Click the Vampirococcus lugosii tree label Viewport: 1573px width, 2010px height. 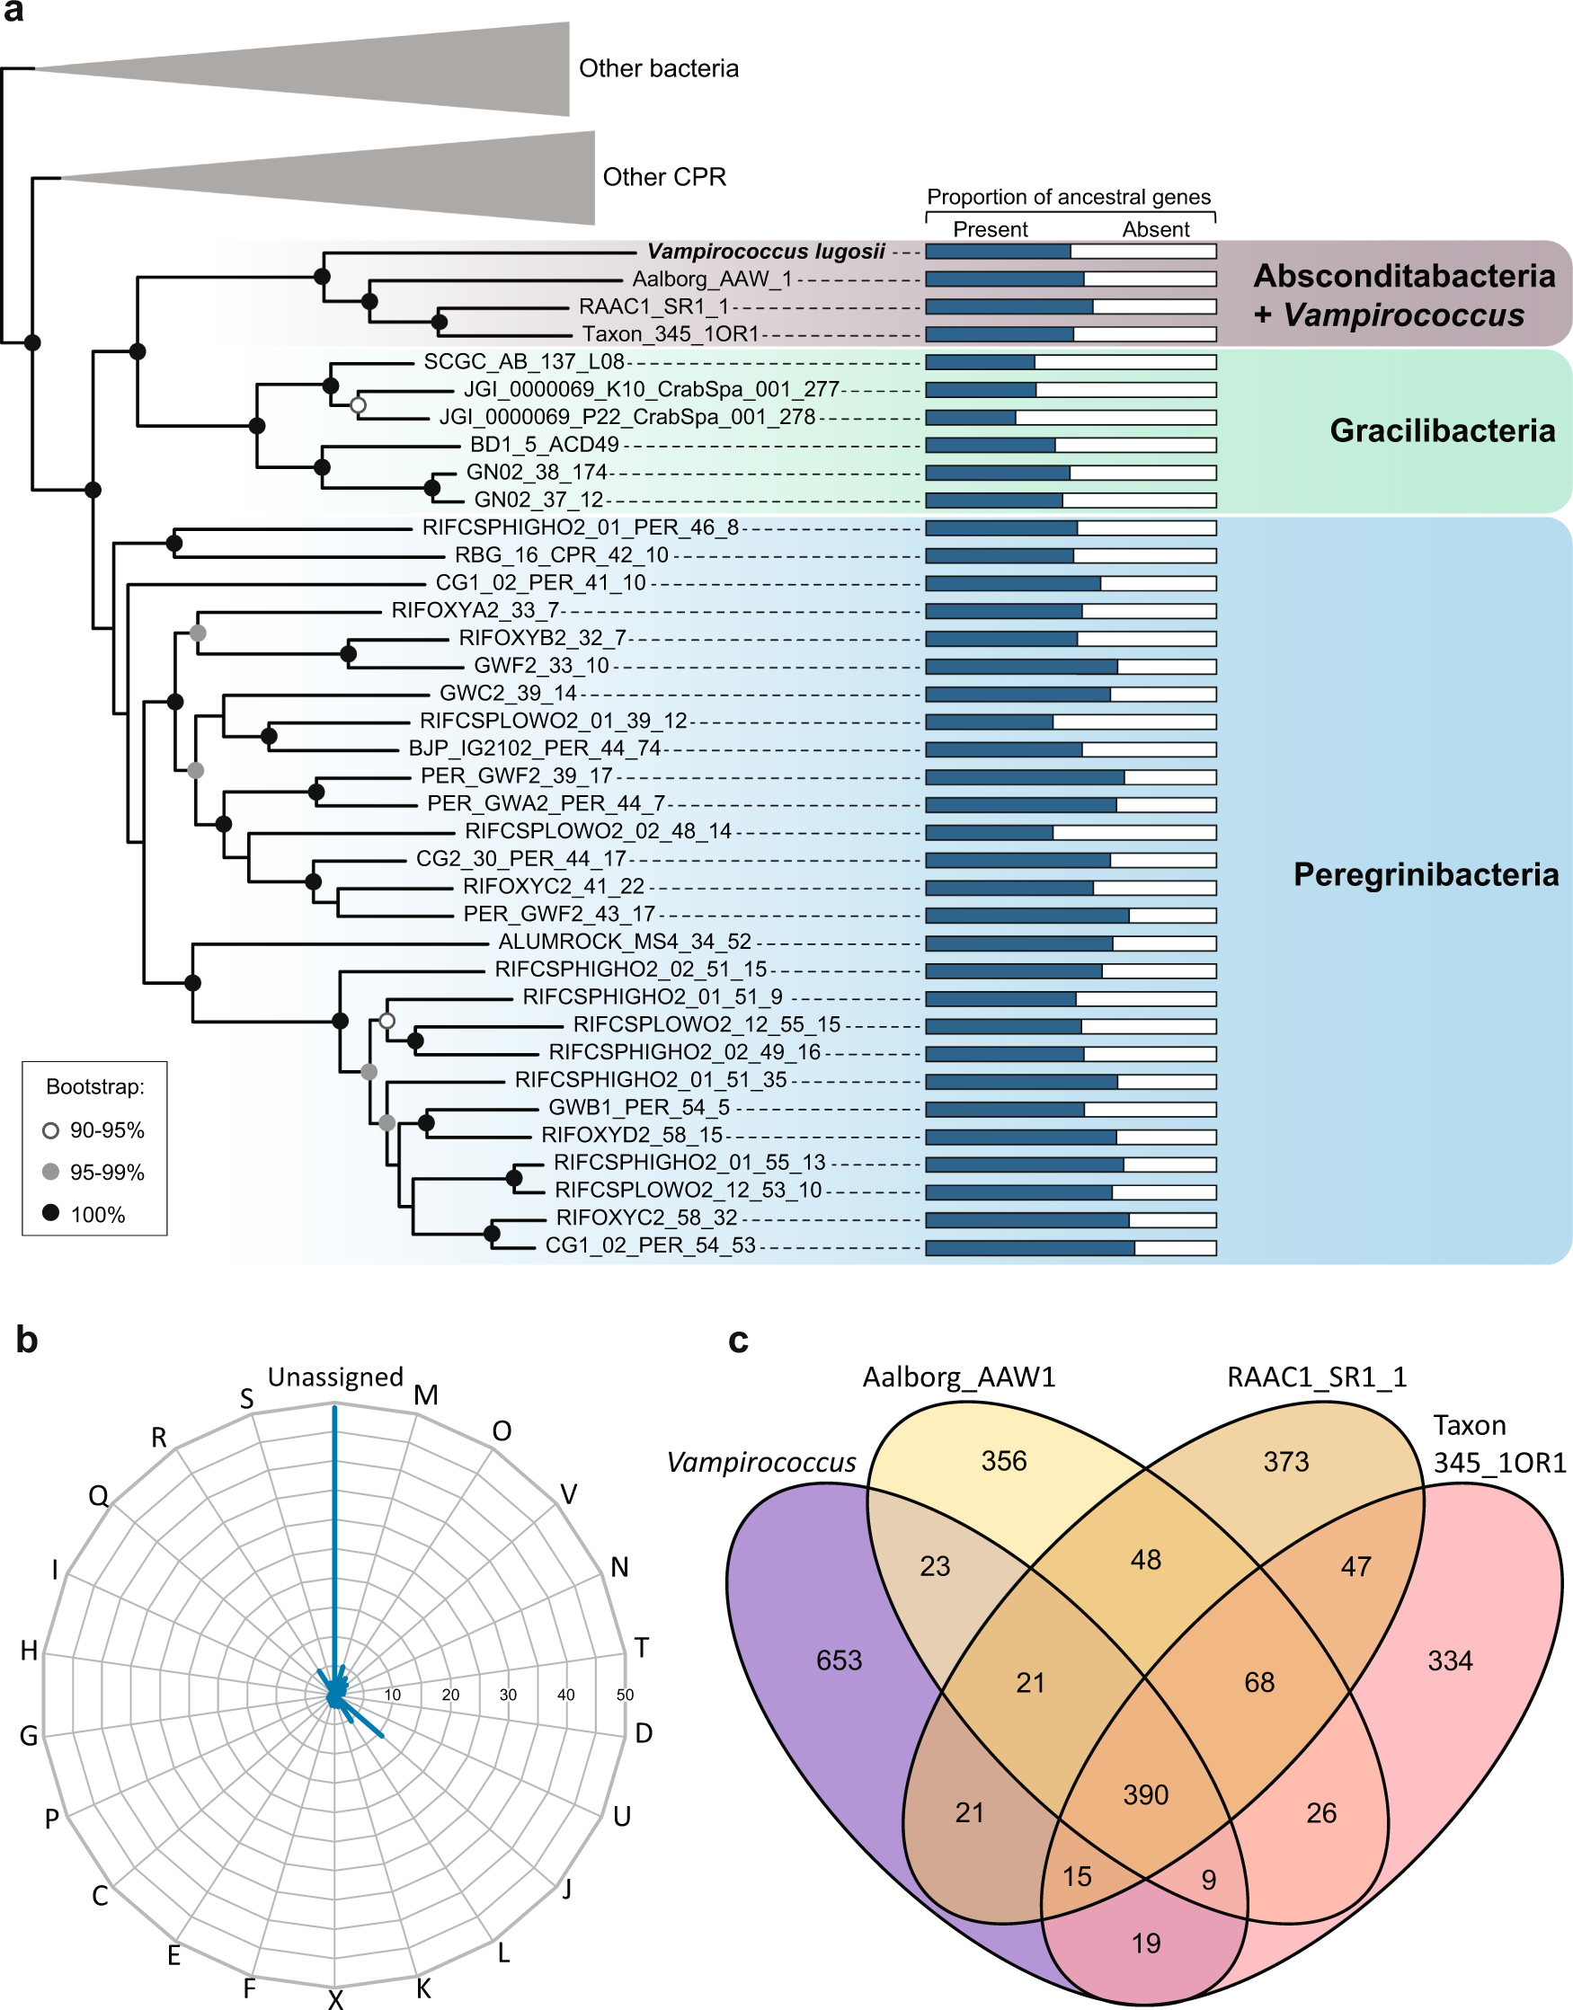tap(765, 252)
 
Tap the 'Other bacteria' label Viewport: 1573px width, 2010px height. tap(659, 69)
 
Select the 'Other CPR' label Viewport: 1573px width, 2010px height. tap(664, 177)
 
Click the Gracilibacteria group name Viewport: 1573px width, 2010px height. tap(1443, 430)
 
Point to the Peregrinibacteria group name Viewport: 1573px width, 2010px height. tap(1426, 873)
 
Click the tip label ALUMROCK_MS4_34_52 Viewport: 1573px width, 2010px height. tap(625, 942)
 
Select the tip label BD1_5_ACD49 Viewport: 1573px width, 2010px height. tap(545, 445)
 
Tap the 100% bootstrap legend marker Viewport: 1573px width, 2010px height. tap(50, 1213)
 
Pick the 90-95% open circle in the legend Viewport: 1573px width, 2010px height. tap(50, 1129)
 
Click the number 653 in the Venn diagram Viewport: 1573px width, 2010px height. tap(839, 1660)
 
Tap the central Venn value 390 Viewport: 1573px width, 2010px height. tap(1146, 1793)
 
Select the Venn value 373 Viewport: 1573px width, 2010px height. tap(1285, 1461)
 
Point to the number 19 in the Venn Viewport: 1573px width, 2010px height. tap(1146, 1943)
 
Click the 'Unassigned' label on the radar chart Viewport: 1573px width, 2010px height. tap(335, 1377)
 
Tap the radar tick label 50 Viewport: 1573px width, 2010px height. tap(626, 1695)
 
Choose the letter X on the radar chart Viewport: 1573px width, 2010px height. tap(335, 1998)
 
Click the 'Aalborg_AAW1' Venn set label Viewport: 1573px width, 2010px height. tap(959, 1377)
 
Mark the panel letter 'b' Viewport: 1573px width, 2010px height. tap(27, 1341)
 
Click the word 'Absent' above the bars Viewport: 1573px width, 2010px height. tap(1155, 229)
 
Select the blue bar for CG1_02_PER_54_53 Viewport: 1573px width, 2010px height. tap(1029, 1248)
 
